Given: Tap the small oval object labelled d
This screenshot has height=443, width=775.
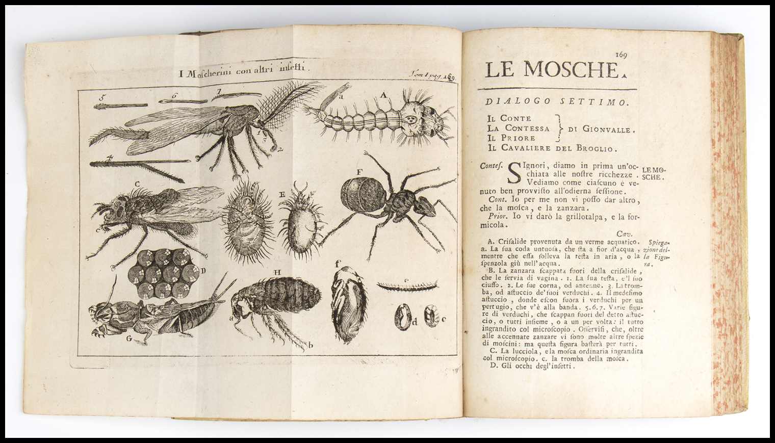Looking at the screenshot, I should click(x=403, y=318).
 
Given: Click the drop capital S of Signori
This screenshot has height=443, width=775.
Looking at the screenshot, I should click(x=516, y=176).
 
